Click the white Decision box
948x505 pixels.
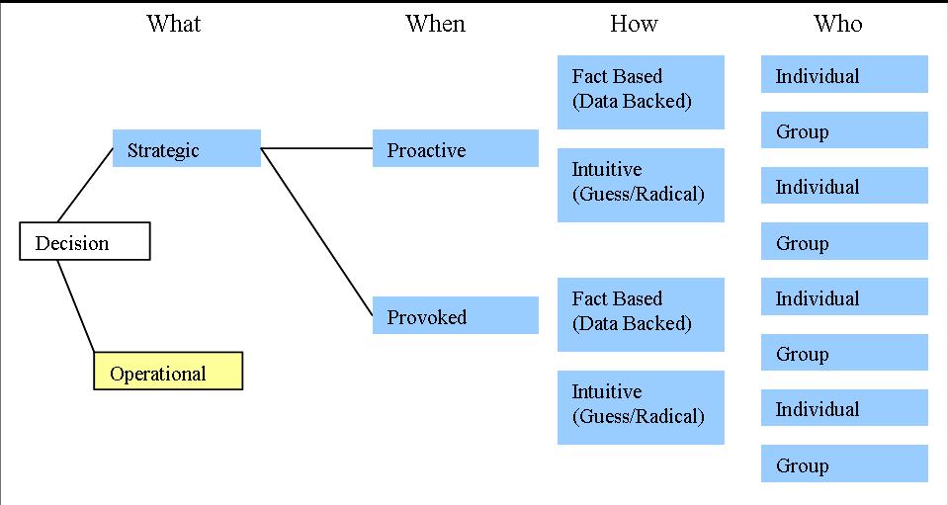(x=85, y=242)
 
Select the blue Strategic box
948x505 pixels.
(x=187, y=149)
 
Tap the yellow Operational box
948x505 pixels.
(x=168, y=372)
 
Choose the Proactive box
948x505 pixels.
(x=456, y=149)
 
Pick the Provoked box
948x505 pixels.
(x=456, y=316)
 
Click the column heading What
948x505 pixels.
(x=174, y=24)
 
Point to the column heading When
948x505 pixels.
(x=435, y=24)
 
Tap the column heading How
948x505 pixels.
(x=634, y=24)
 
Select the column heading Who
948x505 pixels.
(x=837, y=24)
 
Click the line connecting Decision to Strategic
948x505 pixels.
(x=86, y=185)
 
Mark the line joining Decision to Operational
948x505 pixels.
(x=75, y=305)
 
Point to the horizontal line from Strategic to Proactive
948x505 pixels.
(x=316, y=149)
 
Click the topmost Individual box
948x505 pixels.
(x=844, y=75)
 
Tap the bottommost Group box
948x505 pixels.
(x=844, y=464)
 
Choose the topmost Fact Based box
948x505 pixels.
(x=641, y=91)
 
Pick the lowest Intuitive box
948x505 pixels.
(x=641, y=406)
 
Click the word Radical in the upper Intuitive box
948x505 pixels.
(x=668, y=195)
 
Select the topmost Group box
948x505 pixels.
(x=844, y=130)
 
